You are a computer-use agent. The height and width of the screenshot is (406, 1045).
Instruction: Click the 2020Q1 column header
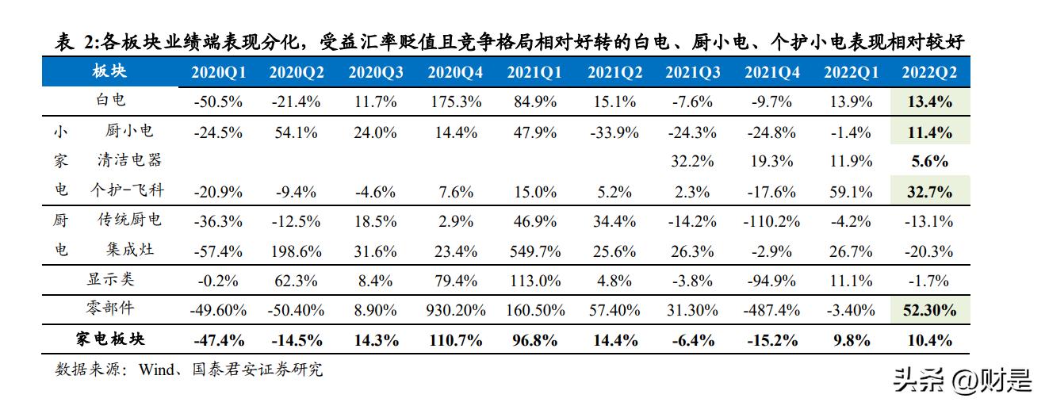click(218, 72)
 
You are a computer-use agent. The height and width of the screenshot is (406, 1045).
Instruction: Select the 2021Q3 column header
click(692, 72)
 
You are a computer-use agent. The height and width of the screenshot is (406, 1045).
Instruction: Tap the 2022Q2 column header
click(929, 72)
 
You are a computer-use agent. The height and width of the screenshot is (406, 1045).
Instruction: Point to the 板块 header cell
click(109, 71)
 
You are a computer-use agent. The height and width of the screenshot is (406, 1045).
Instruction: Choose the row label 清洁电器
click(129, 160)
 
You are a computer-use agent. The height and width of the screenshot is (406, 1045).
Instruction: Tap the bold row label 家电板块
click(110, 339)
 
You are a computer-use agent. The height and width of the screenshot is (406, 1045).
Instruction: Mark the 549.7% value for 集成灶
click(534, 251)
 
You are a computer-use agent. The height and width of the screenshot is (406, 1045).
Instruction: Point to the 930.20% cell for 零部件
click(455, 311)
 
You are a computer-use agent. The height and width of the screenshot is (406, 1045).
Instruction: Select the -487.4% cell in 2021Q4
click(771, 311)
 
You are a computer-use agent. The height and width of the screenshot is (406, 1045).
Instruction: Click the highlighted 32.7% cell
click(929, 191)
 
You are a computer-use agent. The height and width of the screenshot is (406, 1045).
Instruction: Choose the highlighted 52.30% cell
click(929, 311)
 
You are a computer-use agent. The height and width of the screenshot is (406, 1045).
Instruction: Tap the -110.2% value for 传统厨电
click(771, 221)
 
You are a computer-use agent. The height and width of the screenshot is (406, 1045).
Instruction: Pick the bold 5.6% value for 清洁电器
click(929, 161)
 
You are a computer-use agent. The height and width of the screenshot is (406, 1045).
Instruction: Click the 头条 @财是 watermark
click(963, 381)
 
